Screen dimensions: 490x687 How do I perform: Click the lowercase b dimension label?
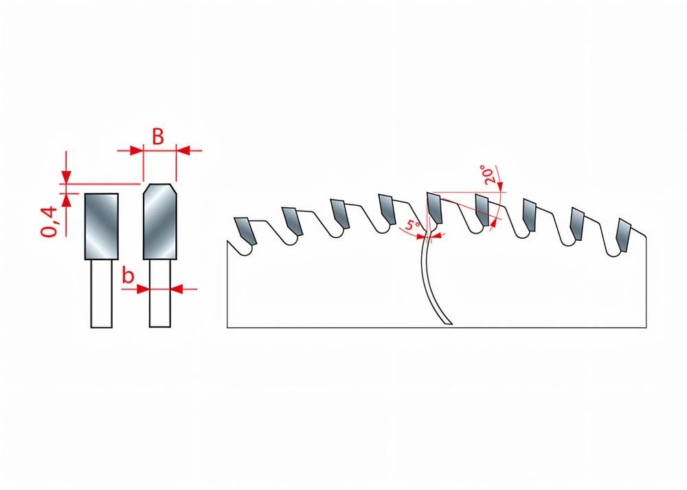(128, 277)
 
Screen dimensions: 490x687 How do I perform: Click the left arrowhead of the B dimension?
(136, 149)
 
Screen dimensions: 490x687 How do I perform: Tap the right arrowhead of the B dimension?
(183, 149)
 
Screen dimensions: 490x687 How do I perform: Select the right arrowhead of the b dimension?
(176, 289)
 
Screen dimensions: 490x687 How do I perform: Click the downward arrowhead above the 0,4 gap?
(66, 177)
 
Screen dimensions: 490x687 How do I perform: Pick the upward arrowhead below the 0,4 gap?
(66, 200)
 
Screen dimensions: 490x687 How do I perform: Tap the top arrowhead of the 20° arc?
(501, 186)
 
